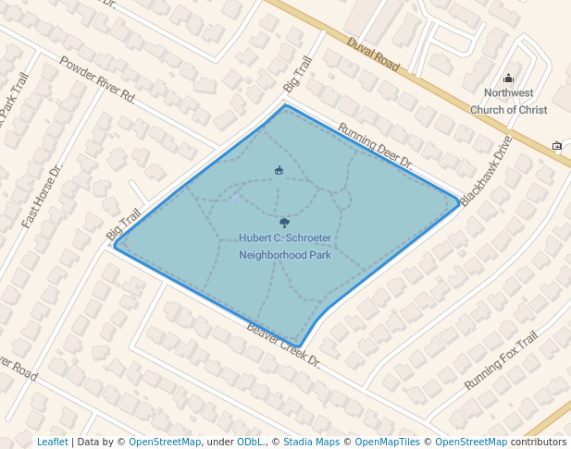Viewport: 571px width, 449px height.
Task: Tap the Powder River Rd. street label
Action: point(97,79)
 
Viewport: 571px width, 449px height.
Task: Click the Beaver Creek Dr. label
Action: point(283,344)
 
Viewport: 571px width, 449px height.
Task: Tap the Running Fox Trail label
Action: point(501,360)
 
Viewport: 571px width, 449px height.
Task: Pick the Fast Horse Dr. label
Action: point(42,197)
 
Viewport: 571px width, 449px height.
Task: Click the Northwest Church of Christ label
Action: point(508,102)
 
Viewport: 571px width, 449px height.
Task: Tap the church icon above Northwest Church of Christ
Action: point(508,79)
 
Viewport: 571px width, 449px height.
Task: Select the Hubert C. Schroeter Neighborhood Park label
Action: point(284,246)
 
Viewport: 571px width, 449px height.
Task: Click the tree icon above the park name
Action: point(284,223)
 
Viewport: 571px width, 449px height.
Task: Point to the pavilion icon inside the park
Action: point(279,169)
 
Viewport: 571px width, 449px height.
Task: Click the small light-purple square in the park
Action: point(237,198)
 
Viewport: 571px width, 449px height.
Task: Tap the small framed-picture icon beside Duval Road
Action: point(557,145)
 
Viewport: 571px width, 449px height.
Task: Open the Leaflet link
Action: point(52,442)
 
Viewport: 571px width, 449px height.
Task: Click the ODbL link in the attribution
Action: point(251,442)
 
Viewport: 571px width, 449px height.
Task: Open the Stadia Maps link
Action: point(311,442)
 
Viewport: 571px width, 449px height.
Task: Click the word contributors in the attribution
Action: point(539,442)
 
